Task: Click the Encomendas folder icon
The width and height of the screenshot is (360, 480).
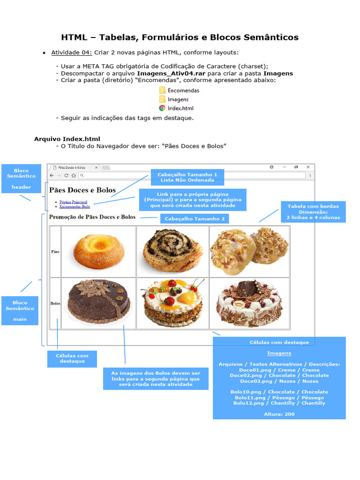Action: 162,90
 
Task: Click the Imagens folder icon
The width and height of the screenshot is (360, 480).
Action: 162,99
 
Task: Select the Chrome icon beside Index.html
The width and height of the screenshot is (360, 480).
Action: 162,108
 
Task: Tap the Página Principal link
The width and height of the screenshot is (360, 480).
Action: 73,202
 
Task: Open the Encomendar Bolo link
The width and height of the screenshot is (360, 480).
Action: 75,206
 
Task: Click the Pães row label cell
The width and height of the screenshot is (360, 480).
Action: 55,252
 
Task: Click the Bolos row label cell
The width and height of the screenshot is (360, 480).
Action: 55,303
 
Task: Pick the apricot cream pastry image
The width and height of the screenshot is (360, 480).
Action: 98,252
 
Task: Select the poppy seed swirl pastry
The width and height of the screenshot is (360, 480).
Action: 172,252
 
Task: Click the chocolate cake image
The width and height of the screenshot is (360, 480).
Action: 98,303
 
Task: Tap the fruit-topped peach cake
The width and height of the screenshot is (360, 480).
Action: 172,303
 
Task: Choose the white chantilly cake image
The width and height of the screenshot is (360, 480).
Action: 249,303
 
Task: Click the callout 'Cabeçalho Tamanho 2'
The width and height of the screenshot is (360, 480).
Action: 195,219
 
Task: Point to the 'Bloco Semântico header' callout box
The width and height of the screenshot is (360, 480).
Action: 21,179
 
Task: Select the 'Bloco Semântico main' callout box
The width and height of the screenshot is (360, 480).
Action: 20,310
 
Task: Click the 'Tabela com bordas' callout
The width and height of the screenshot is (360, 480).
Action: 313,212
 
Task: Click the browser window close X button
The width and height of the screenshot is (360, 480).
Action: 308,167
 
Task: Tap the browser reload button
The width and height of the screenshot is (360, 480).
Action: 66,175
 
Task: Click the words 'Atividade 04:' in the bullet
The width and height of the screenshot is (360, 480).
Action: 72,52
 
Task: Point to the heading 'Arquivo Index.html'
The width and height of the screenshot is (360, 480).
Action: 67,139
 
